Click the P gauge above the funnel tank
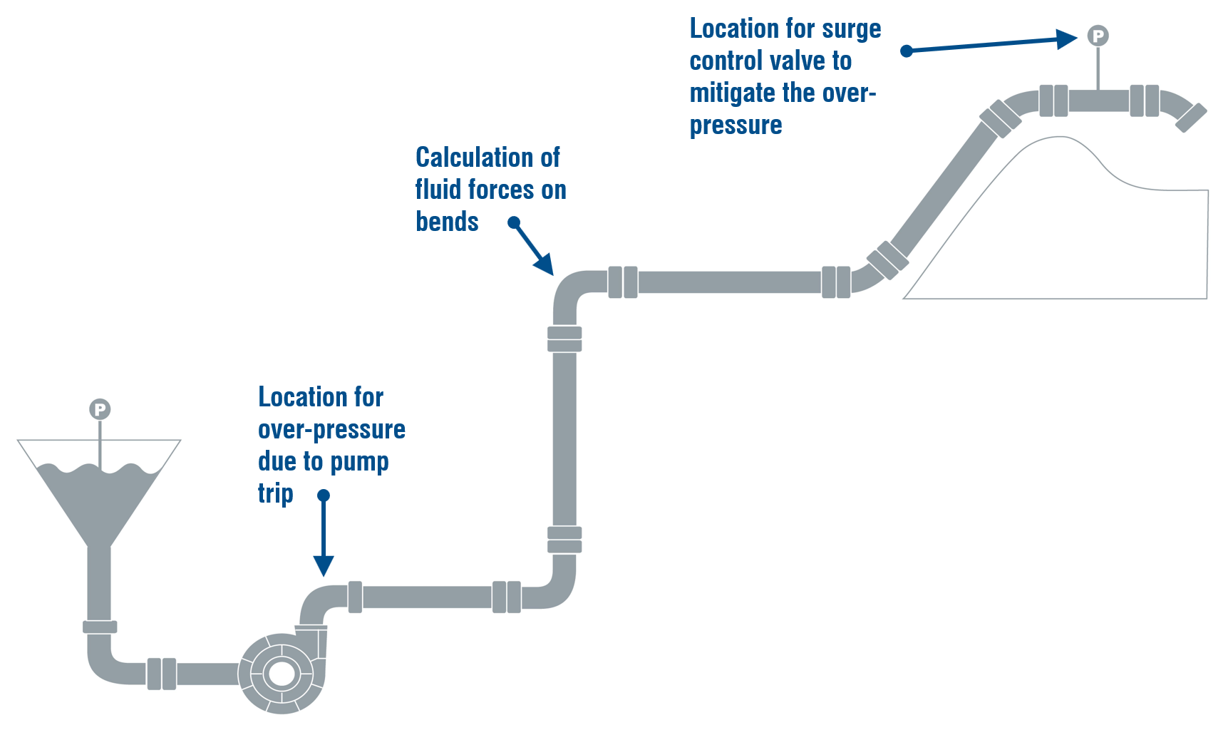click(x=100, y=409)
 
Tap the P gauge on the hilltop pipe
click(x=1098, y=36)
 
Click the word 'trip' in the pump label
click(x=276, y=493)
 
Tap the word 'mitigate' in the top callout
click(x=733, y=93)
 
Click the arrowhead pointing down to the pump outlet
click(x=324, y=566)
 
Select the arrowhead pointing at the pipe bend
click(x=545, y=264)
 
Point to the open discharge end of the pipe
click(x=1192, y=118)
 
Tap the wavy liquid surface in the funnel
click(x=100, y=471)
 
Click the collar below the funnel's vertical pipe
click(x=100, y=627)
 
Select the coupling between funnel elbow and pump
click(x=162, y=674)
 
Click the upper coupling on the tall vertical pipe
click(x=564, y=339)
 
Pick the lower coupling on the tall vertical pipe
click(x=564, y=540)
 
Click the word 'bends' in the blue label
click(x=447, y=222)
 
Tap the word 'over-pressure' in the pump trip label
click(x=331, y=429)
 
